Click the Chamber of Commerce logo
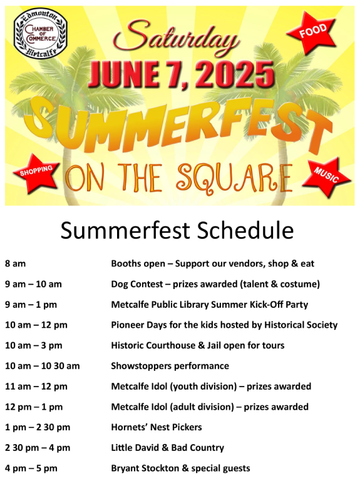point(41,34)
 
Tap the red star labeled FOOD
point(312,32)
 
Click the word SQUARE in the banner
point(235,178)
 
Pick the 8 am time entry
point(15,263)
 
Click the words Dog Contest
point(137,284)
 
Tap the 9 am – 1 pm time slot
point(31,305)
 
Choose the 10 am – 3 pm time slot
point(34,345)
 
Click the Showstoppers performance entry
point(170,366)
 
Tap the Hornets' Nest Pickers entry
point(157,427)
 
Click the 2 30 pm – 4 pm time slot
point(38,448)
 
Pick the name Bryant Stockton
point(145,468)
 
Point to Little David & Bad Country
point(168,448)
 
